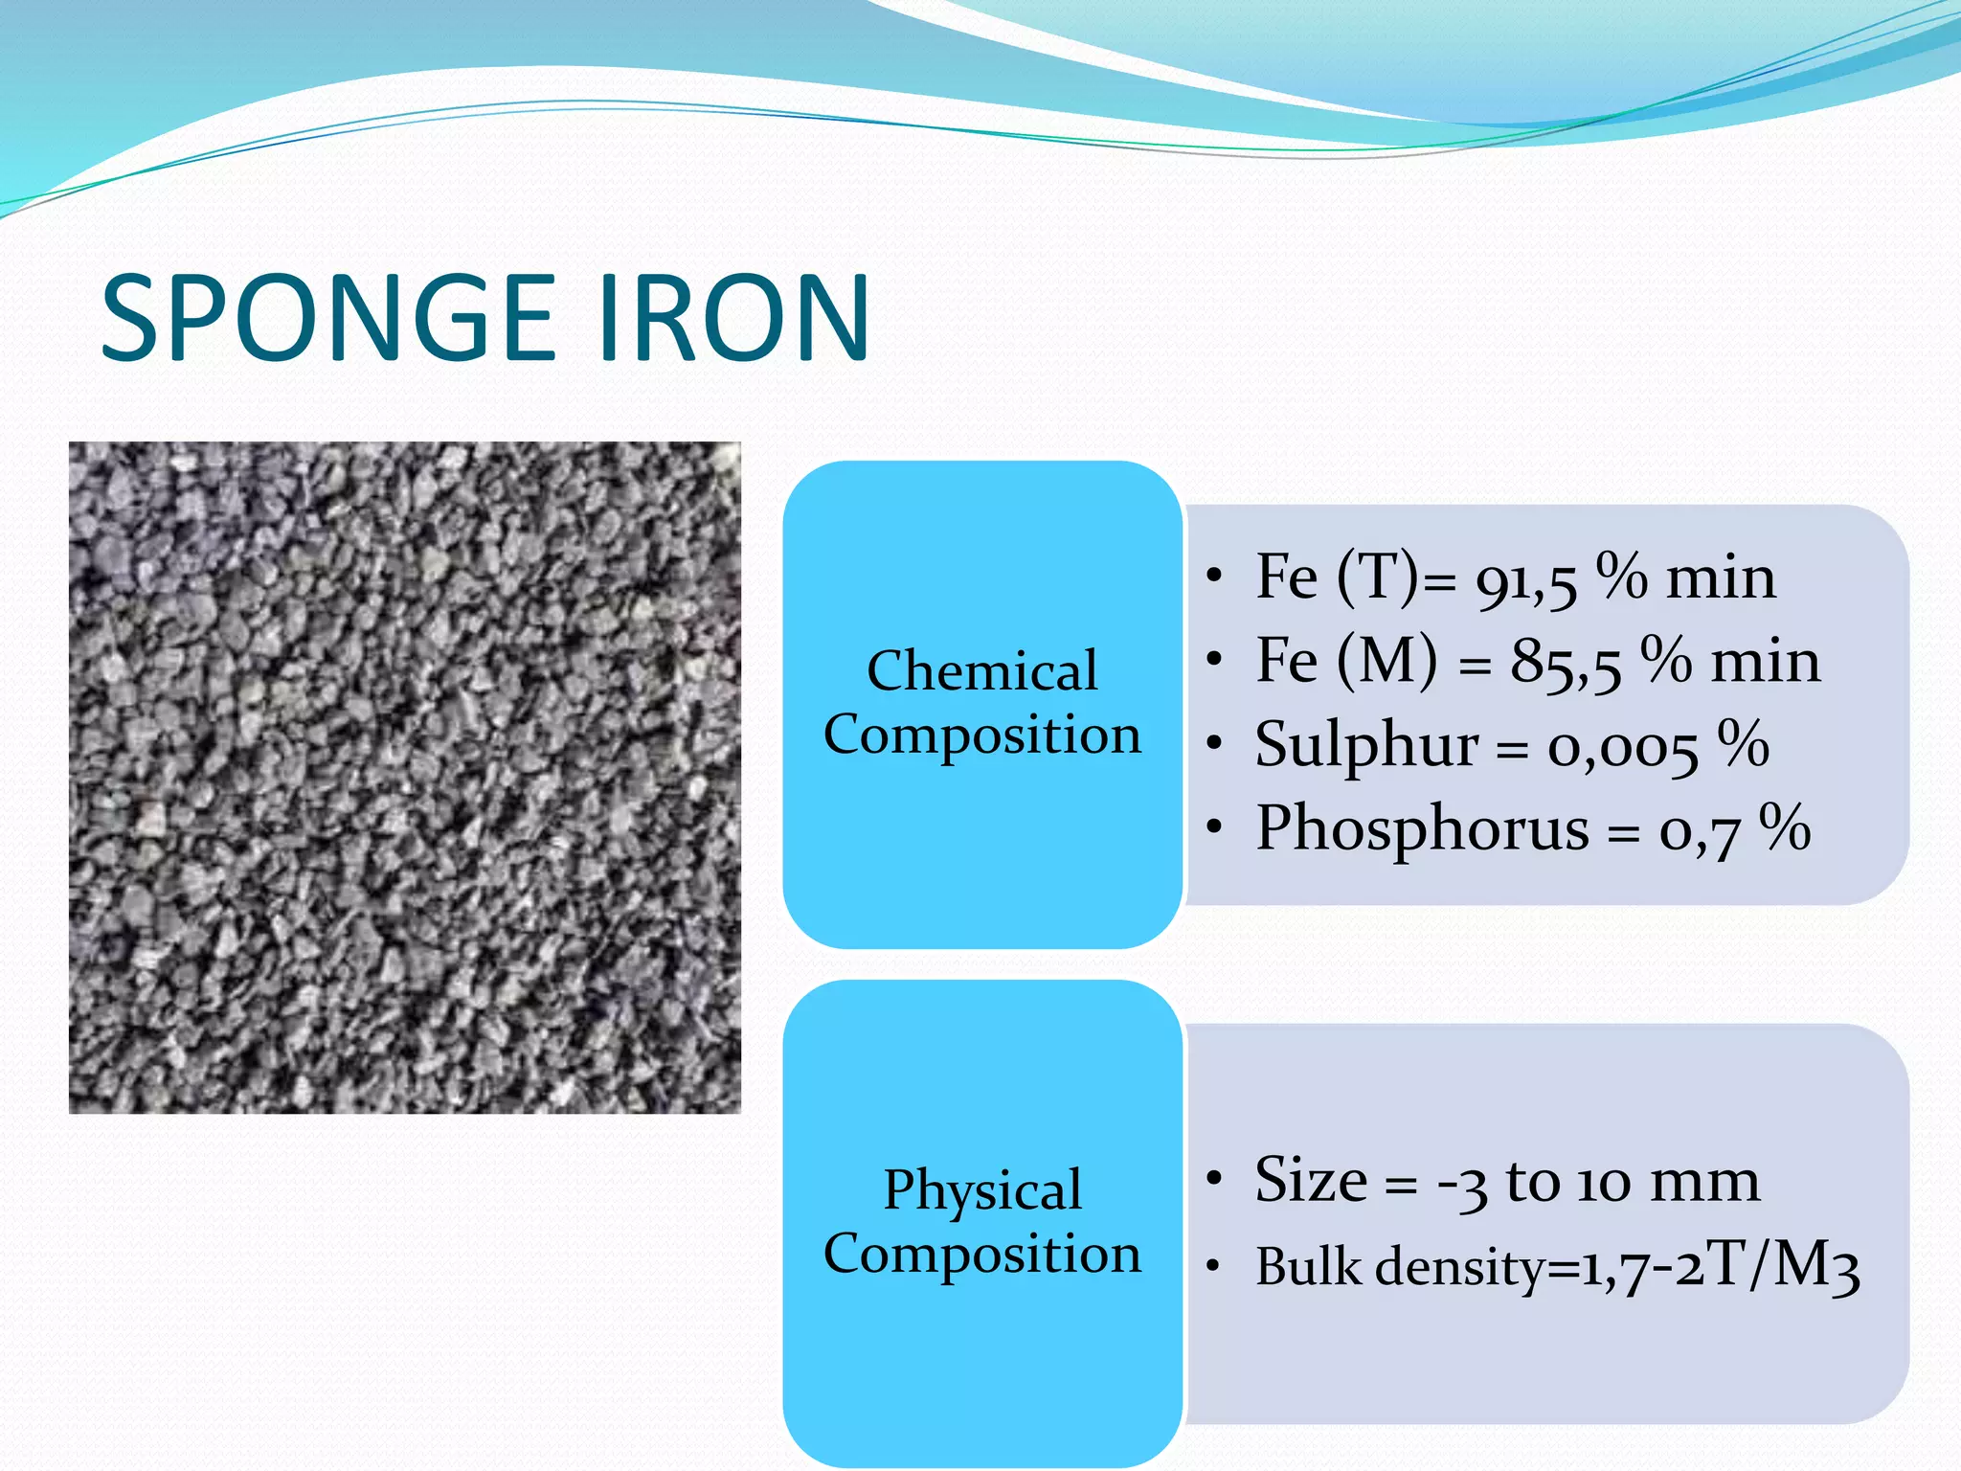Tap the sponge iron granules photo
click(404, 777)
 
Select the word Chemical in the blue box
click(981, 670)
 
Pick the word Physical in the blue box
click(981, 1190)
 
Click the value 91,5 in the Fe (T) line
click(1525, 580)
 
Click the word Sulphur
click(1366, 745)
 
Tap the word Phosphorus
click(1422, 828)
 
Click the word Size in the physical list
click(1311, 1180)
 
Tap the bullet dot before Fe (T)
click(1214, 576)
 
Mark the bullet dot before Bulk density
click(1214, 1266)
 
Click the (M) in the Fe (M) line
click(1386, 662)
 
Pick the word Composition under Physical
click(981, 1255)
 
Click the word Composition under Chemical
click(981, 735)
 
